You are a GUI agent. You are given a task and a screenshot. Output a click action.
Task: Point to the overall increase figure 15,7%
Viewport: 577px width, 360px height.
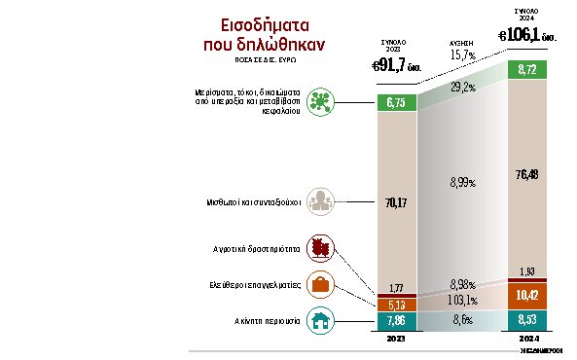pyautogui.click(x=462, y=56)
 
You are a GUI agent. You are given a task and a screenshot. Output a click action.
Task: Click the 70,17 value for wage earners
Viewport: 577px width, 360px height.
pyautogui.click(x=396, y=203)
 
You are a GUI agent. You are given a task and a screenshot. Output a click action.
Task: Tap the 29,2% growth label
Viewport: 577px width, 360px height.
pyautogui.click(x=462, y=88)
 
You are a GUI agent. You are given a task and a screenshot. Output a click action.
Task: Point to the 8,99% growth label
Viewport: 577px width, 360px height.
pyautogui.click(x=462, y=181)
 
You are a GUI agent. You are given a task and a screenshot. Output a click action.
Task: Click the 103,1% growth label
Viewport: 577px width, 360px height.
pyautogui.click(x=462, y=302)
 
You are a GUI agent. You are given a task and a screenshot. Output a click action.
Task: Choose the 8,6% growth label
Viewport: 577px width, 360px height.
pyautogui.click(x=462, y=319)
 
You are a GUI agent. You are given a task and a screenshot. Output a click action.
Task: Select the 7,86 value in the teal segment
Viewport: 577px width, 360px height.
pyautogui.click(x=396, y=320)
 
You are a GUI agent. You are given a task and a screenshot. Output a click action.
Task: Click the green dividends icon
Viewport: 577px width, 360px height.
pyautogui.click(x=319, y=102)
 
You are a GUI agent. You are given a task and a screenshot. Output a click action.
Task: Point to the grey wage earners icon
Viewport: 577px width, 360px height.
pyautogui.click(x=319, y=203)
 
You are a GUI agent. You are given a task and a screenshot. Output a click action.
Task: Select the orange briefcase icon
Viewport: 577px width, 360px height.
pyautogui.click(x=319, y=284)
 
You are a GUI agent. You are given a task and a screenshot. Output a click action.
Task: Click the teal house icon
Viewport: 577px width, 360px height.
pyautogui.click(x=319, y=320)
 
